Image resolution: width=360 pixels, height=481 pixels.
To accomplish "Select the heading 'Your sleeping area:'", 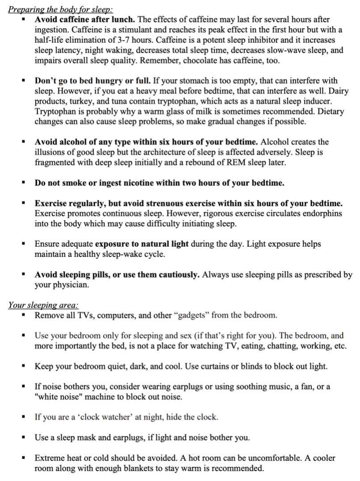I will (x=43, y=306).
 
